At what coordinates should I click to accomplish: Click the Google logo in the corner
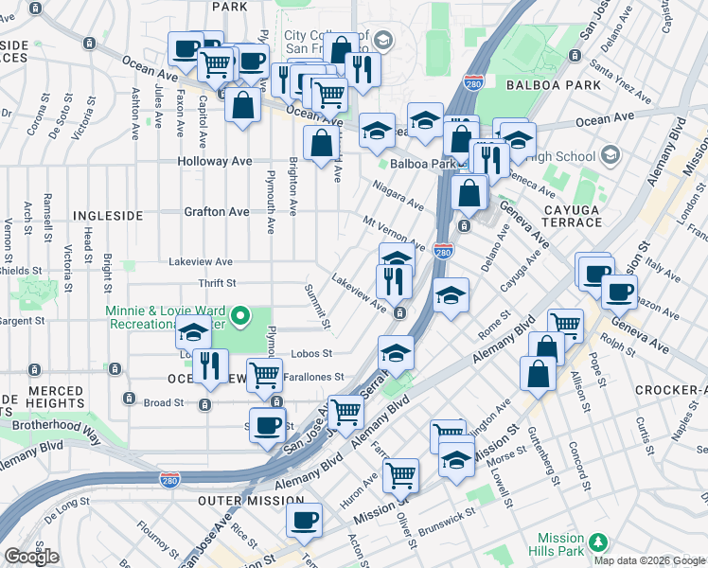[31, 557]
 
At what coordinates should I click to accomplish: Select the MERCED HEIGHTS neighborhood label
[43, 398]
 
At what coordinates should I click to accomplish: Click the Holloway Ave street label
[216, 161]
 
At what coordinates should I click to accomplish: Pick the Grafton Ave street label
[217, 212]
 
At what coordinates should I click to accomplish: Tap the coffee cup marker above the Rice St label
[305, 519]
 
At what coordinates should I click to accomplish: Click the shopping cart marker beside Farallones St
[264, 375]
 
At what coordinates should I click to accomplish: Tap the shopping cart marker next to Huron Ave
[401, 474]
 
